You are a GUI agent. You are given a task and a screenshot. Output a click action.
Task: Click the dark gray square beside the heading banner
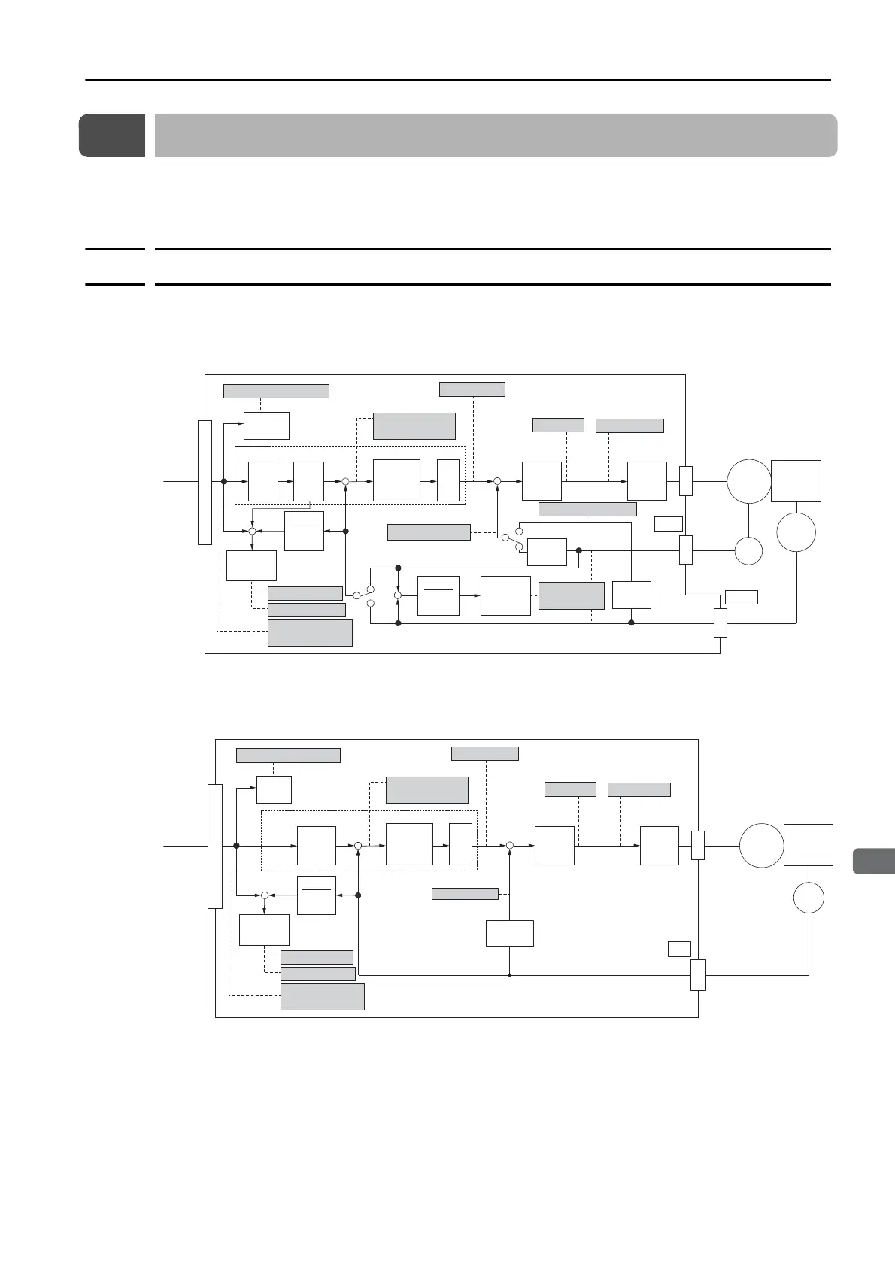111,135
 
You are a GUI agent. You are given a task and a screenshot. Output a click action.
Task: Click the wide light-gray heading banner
496,135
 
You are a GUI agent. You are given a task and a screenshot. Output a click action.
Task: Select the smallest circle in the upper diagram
748,551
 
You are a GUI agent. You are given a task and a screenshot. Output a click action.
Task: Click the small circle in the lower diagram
809,898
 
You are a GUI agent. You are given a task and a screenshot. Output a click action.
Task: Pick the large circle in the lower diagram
761,846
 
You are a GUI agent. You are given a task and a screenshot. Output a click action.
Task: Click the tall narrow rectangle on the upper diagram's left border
205,482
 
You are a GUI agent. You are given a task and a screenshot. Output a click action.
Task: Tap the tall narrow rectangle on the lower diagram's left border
215,846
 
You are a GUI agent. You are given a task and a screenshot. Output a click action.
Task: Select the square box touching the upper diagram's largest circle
796,480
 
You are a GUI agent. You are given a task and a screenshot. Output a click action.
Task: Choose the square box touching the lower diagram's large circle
808,844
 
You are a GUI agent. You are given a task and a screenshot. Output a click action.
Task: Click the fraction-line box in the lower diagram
316,895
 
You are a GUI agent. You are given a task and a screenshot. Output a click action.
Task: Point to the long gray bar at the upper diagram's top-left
276,391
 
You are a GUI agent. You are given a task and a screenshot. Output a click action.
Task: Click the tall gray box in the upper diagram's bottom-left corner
310,632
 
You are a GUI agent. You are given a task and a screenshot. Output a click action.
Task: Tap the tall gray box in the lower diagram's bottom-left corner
322,996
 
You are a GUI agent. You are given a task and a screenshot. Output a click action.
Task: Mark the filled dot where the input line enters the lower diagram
236,846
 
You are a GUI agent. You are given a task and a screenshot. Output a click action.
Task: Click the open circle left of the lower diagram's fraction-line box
265,895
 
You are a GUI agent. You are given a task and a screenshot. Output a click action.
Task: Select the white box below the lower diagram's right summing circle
510,933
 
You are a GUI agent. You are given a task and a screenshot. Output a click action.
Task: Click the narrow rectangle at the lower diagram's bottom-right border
698,974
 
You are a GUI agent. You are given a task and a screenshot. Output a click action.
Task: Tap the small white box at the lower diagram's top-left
274,789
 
